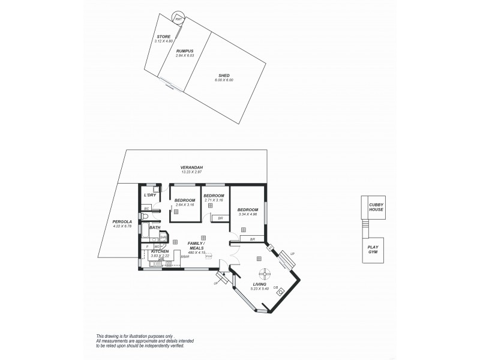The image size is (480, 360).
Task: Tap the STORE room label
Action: pos(164,37)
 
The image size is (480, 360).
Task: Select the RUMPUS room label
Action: pos(185,52)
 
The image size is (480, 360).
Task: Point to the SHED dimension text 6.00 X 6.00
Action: pos(224,79)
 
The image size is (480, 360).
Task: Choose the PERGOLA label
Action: pos(122,221)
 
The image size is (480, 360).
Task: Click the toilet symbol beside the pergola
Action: pos(146,216)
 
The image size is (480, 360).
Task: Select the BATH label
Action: pos(155,227)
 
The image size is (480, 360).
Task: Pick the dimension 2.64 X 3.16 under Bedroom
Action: pos(185,205)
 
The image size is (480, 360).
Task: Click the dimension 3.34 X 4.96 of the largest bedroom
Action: pos(247,214)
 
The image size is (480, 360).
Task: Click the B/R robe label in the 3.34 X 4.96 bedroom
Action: pos(252,239)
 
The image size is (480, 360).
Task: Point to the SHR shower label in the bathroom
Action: pos(162,238)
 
